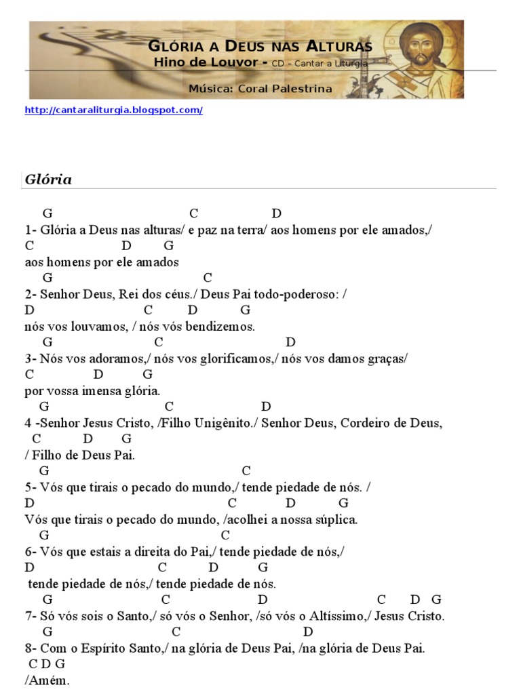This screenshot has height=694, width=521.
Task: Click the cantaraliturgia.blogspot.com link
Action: click(113, 110)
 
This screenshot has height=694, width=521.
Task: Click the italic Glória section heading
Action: click(48, 180)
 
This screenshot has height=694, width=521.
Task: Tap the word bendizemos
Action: click(224, 327)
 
